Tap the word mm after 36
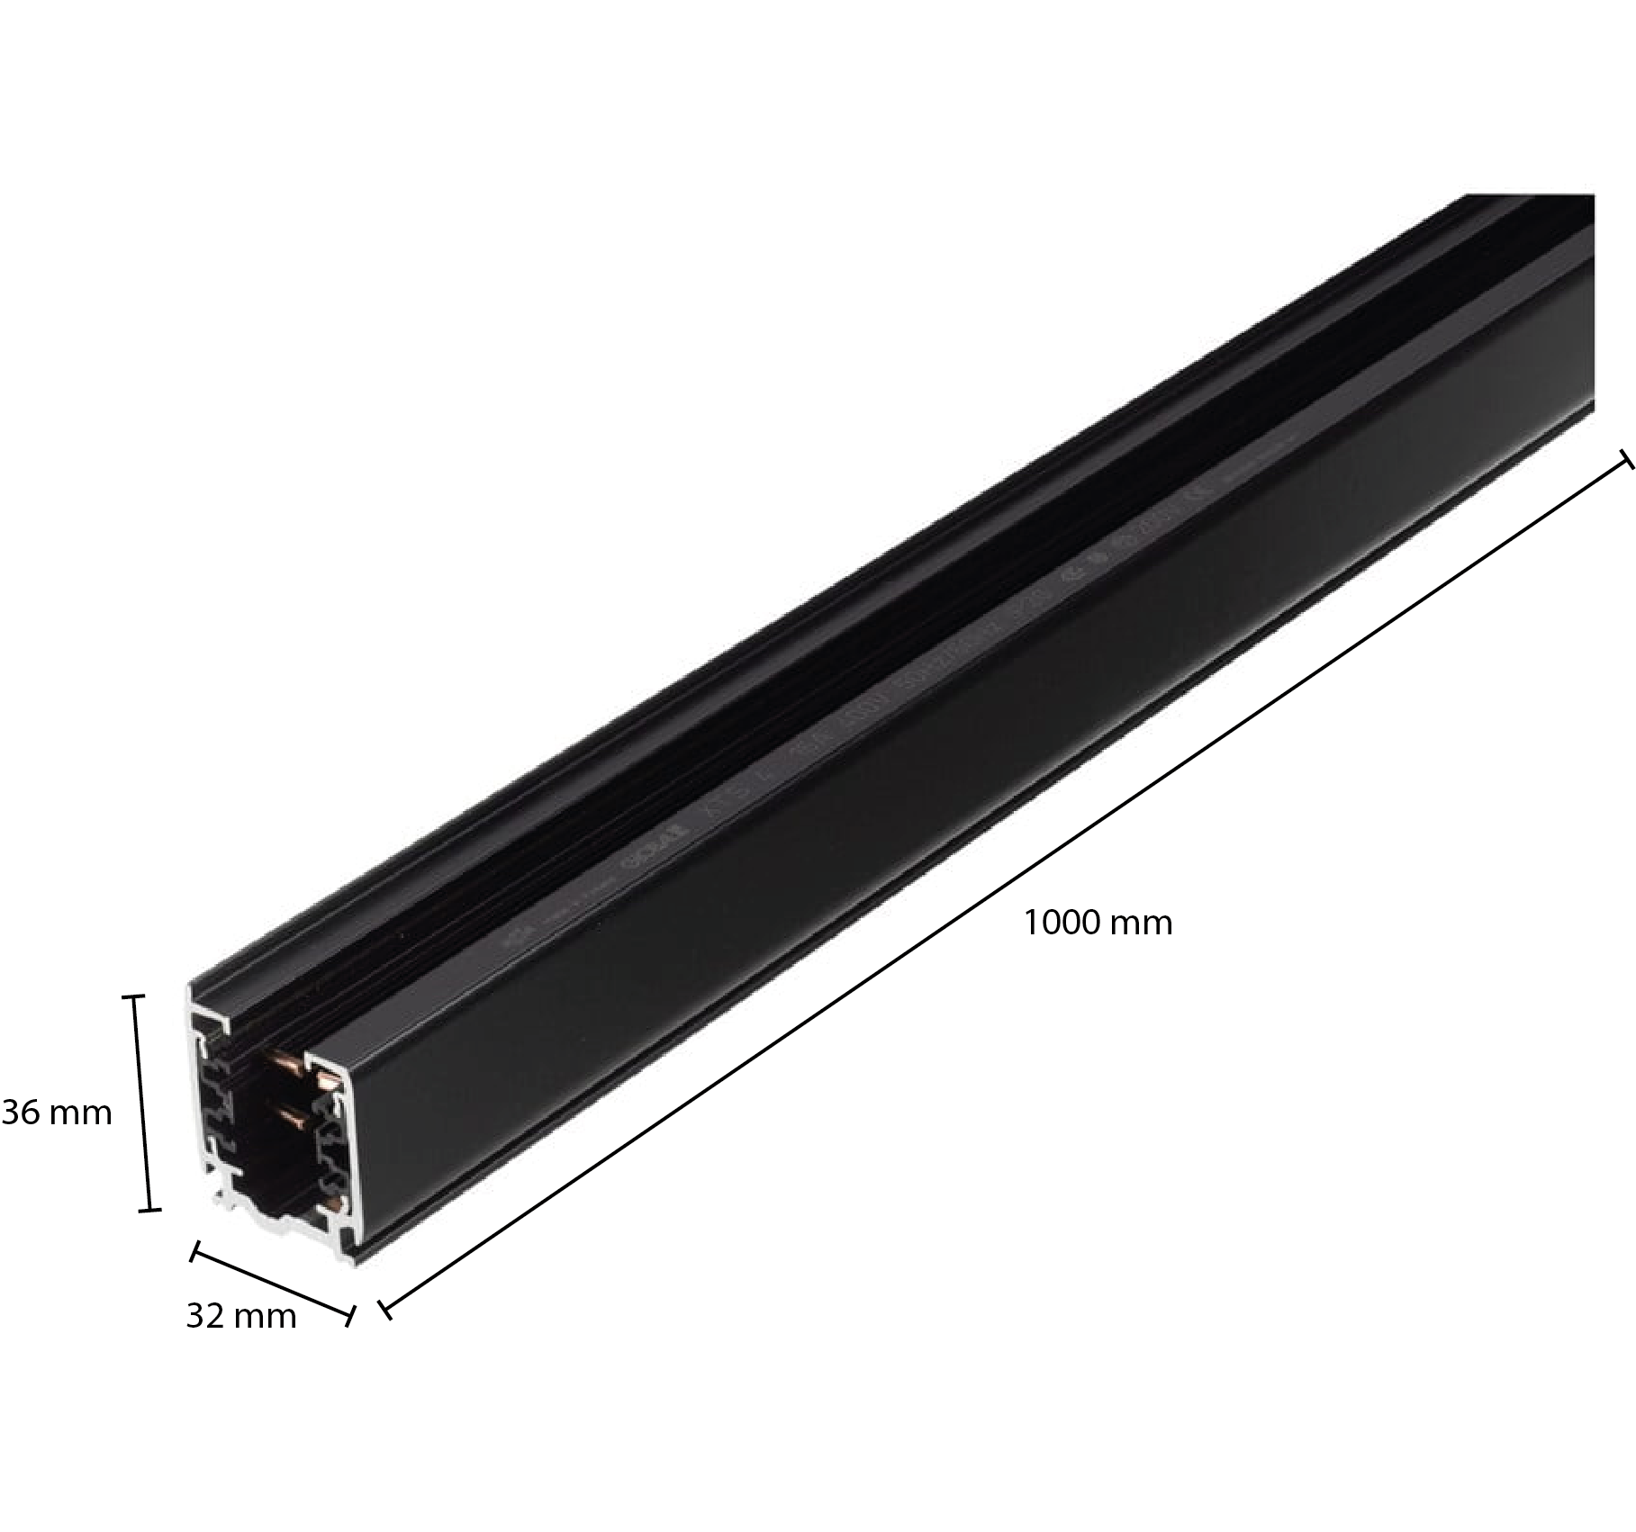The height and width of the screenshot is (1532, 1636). pyautogui.click(x=80, y=1113)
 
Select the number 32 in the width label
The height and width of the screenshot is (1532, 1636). pyautogui.click(x=204, y=1316)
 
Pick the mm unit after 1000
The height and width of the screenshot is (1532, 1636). pyautogui.click(x=1142, y=924)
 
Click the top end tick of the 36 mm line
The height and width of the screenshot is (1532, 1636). pyautogui.click(x=133, y=996)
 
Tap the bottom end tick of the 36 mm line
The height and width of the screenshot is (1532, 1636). pyautogui.click(x=149, y=1210)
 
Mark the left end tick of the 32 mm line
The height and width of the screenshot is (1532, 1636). pyautogui.click(x=193, y=1251)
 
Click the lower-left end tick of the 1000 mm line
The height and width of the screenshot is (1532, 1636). pyautogui.click(x=384, y=1311)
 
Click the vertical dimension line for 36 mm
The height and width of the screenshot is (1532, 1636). pyautogui.click(x=141, y=1103)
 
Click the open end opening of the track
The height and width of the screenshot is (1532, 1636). pyautogui.click(x=270, y=1125)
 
